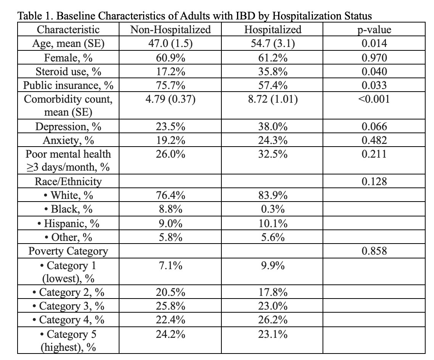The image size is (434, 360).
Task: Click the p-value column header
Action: (x=374, y=30)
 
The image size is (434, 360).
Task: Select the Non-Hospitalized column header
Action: (x=171, y=29)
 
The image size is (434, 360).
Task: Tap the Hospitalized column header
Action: (x=273, y=29)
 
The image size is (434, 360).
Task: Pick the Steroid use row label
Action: (x=68, y=71)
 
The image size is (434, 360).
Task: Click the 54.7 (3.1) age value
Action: (x=273, y=44)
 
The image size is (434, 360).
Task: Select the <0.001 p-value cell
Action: (x=374, y=99)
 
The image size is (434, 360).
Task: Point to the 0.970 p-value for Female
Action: (x=374, y=58)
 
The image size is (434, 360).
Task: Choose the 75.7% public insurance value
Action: (x=171, y=85)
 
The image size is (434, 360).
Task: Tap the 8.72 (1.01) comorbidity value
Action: (x=273, y=99)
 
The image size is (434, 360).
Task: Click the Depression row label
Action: (x=68, y=127)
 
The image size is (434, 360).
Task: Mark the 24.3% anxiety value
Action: (x=273, y=140)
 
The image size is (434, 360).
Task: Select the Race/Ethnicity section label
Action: (x=68, y=181)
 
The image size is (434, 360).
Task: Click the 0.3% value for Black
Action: (x=273, y=209)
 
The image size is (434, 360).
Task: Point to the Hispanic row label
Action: (x=68, y=223)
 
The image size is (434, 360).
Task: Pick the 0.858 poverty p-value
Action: (x=374, y=251)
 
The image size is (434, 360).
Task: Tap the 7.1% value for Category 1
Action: (x=171, y=266)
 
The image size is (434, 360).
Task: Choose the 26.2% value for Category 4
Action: (x=273, y=320)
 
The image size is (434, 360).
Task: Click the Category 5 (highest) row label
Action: (x=68, y=340)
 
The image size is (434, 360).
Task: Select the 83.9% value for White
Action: (x=273, y=195)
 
